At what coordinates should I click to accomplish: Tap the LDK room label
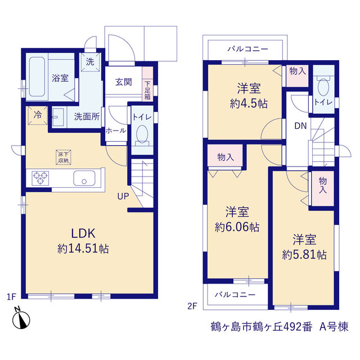[x=83, y=233]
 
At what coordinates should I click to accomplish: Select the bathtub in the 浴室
[x=37, y=76]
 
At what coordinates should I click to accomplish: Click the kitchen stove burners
[x=40, y=178]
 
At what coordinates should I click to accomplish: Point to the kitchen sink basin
[x=84, y=178]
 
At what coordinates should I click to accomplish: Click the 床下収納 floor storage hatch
[x=64, y=157]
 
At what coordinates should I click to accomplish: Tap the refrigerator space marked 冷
[x=38, y=115]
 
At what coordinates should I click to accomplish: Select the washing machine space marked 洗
[x=90, y=62]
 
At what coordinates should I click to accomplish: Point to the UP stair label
[x=123, y=196]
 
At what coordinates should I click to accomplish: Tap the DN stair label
[x=300, y=126]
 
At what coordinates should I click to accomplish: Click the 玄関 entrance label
[x=124, y=82]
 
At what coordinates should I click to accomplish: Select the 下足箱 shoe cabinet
[x=147, y=84]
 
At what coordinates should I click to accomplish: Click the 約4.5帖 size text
[x=249, y=103]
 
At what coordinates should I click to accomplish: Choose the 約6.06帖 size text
[x=237, y=227]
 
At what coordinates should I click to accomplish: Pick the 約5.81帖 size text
[x=304, y=255]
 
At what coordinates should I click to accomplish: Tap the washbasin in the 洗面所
[x=57, y=117]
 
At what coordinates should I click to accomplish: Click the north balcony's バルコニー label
[x=247, y=49]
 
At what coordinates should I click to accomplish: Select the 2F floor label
[x=192, y=306]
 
